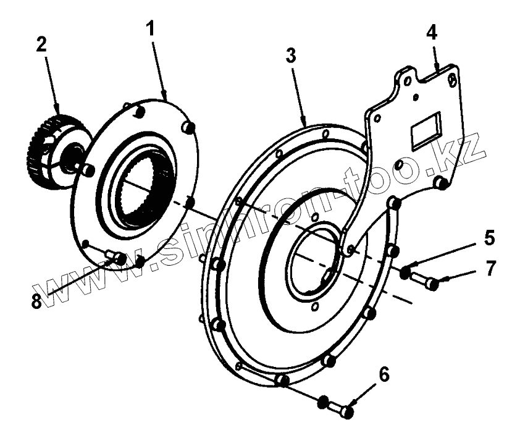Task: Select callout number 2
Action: [42, 45]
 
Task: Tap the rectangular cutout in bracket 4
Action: [426, 130]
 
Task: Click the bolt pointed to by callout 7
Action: [425, 281]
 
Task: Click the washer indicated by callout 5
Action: [405, 272]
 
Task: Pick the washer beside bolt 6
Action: [322, 402]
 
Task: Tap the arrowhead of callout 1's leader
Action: [166, 98]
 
